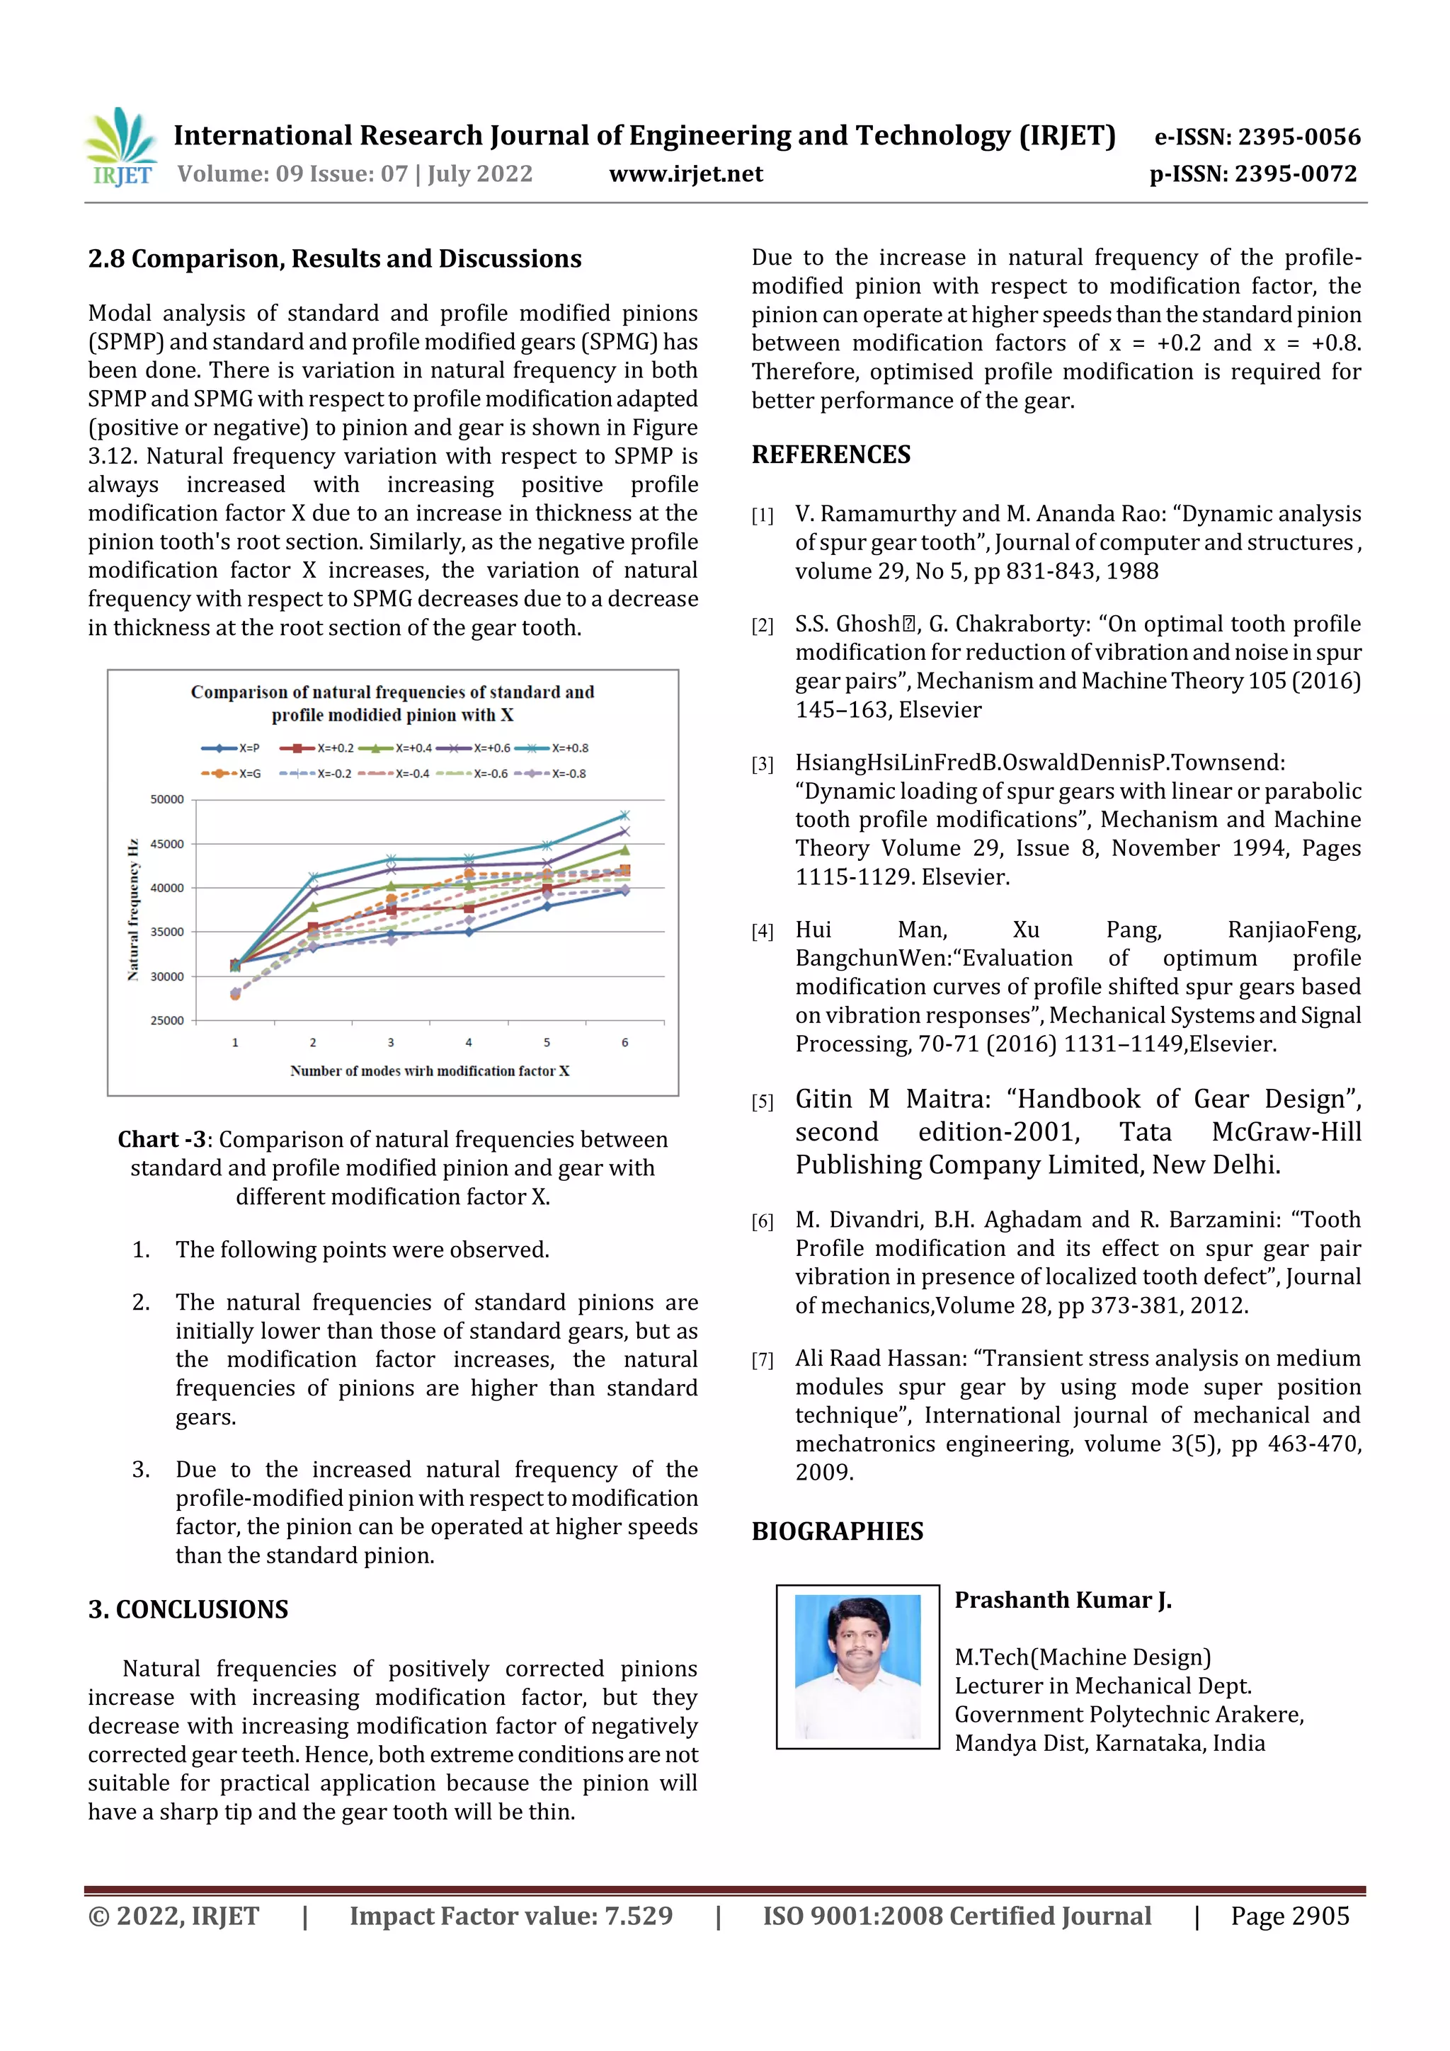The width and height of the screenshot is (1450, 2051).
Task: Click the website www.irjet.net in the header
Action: coord(685,174)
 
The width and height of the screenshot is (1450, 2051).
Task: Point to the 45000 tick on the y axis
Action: coord(166,844)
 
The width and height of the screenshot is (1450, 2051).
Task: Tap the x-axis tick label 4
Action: coord(469,1042)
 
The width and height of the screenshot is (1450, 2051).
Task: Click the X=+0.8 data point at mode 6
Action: coord(624,816)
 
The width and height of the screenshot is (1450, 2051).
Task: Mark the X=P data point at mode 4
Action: coord(469,932)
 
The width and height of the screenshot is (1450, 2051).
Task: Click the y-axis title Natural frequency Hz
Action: coord(133,909)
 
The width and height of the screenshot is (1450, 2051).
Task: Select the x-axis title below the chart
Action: coord(429,1071)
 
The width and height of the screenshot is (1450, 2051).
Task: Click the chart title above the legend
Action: coord(392,703)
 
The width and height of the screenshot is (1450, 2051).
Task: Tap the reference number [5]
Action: coord(762,1102)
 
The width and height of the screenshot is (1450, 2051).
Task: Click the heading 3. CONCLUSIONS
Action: coord(188,1610)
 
